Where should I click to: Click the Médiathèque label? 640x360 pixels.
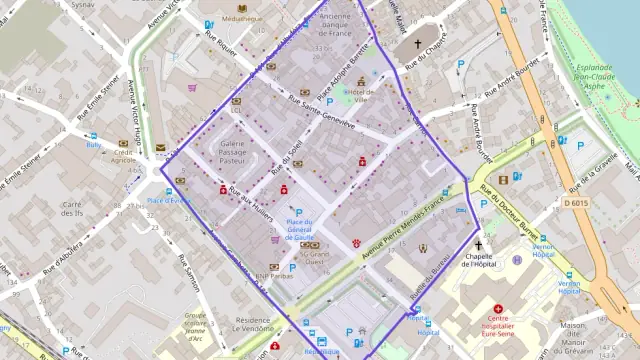point(243,19)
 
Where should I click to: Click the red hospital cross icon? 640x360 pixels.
point(498,310)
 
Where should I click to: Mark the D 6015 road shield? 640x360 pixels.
point(575,203)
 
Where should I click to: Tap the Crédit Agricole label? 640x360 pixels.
point(124,153)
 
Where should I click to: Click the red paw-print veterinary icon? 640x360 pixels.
point(355,243)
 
